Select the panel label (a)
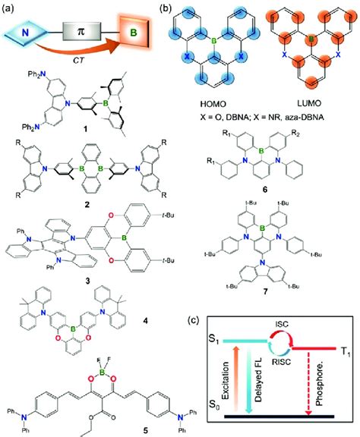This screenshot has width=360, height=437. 11,8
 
